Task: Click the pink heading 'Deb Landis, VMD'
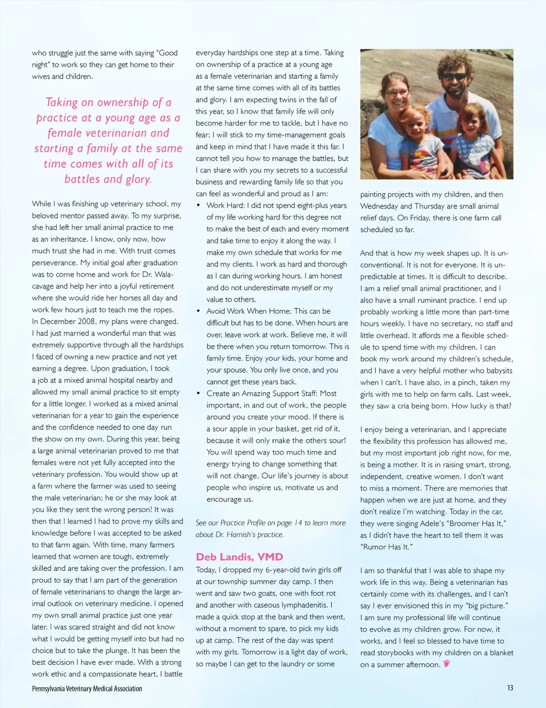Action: point(239,557)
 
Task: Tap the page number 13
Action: point(510,688)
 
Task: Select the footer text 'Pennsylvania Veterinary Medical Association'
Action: point(87,689)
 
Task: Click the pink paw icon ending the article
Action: point(446,663)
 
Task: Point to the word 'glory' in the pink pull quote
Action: point(138,180)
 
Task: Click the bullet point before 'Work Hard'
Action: point(198,206)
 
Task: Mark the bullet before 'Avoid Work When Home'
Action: point(198,311)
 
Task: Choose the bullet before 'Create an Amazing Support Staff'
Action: point(198,394)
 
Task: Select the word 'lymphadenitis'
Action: point(305,605)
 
